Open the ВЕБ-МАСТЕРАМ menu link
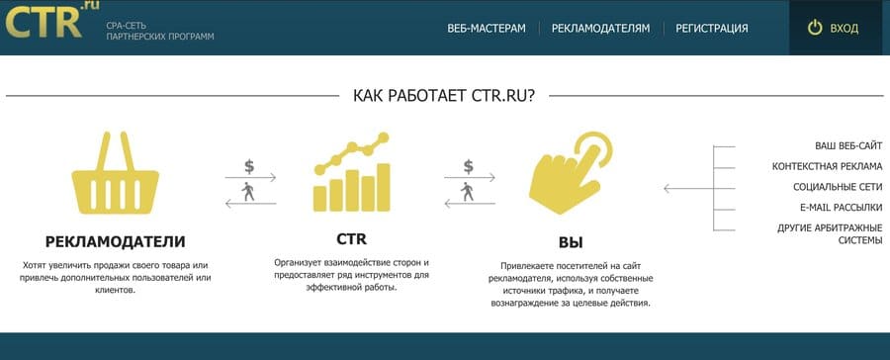point(487,29)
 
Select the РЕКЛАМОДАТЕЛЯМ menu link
point(600,29)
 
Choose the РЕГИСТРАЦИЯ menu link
point(711,29)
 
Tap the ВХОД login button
point(844,29)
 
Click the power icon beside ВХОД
point(815,28)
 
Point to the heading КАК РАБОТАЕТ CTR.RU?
point(444,96)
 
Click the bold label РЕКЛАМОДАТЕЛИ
point(116,241)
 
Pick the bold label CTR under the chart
point(351,239)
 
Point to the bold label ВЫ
point(571,242)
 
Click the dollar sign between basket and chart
point(249,165)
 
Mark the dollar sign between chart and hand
point(469,165)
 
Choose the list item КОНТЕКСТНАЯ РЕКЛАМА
point(827,166)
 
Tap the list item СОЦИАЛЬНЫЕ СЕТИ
point(838,187)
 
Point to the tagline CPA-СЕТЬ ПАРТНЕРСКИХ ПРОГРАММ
point(159,31)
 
